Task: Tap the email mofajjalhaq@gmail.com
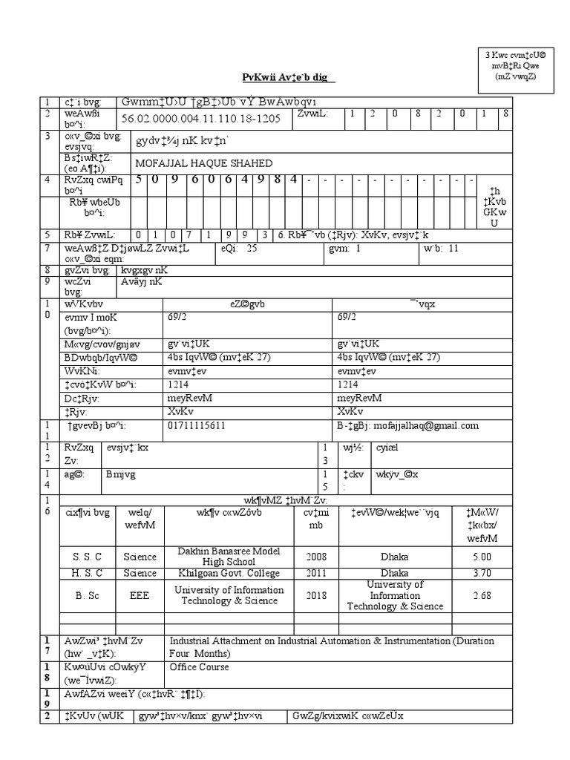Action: [x=420, y=425]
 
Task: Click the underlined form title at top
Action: [x=289, y=78]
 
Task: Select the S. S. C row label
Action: [x=87, y=557]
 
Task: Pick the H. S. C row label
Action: [x=87, y=573]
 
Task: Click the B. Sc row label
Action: [x=87, y=595]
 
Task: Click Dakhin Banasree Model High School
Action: [x=229, y=556]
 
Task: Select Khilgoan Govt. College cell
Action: [x=229, y=573]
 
